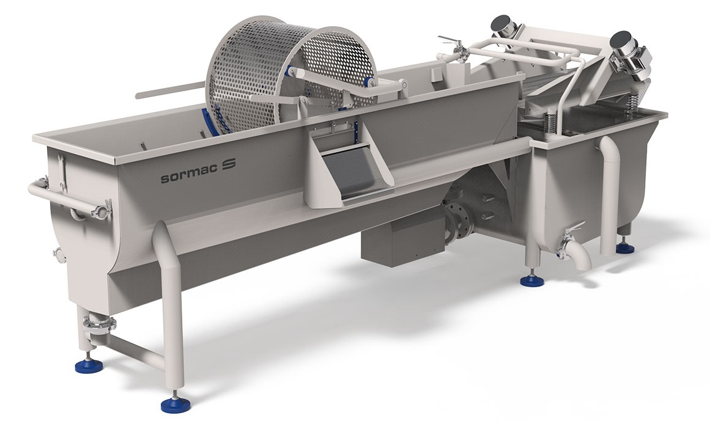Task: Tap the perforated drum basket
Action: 290,75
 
